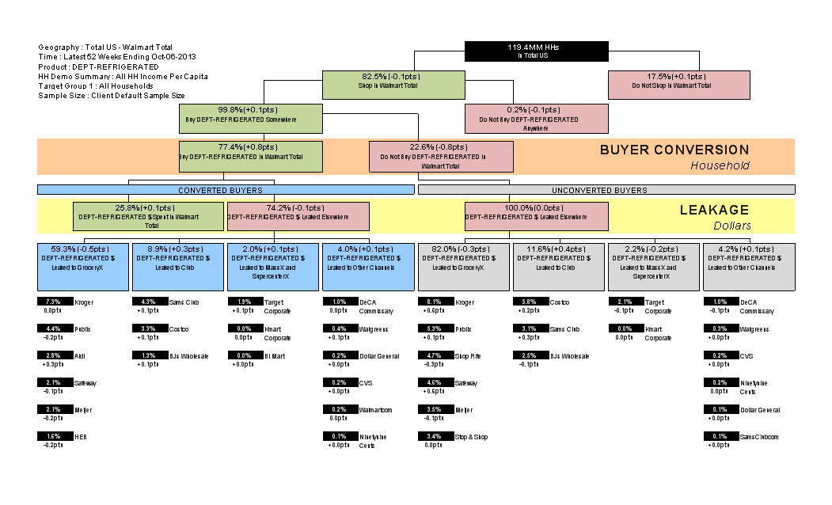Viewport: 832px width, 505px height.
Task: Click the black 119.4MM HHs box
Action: (x=537, y=51)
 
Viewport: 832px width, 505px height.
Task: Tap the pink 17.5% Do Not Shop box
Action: (x=678, y=85)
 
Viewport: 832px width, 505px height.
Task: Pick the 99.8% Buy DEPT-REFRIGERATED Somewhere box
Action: (x=250, y=118)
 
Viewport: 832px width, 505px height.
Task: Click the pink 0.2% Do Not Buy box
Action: (x=536, y=118)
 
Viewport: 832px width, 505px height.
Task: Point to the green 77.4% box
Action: (x=250, y=156)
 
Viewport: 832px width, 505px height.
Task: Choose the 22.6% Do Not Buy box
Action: (x=441, y=156)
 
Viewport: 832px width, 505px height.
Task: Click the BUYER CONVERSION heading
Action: (x=674, y=150)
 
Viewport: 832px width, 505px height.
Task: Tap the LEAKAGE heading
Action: (x=713, y=211)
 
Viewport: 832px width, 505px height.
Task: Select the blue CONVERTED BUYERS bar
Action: (x=226, y=190)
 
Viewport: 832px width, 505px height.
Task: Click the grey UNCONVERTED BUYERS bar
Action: (x=606, y=190)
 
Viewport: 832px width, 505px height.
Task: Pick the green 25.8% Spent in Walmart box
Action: (x=148, y=216)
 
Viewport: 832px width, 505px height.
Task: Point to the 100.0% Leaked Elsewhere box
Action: (x=536, y=216)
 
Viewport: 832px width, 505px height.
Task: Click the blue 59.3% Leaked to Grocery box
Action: (x=84, y=267)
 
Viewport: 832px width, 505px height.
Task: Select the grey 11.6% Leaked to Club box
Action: (x=559, y=267)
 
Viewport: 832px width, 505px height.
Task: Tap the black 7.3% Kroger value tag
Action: (x=54, y=302)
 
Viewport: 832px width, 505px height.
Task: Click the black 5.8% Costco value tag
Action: (x=529, y=302)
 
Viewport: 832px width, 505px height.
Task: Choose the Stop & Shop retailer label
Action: (x=472, y=436)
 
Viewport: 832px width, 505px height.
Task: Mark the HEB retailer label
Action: (x=81, y=436)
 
